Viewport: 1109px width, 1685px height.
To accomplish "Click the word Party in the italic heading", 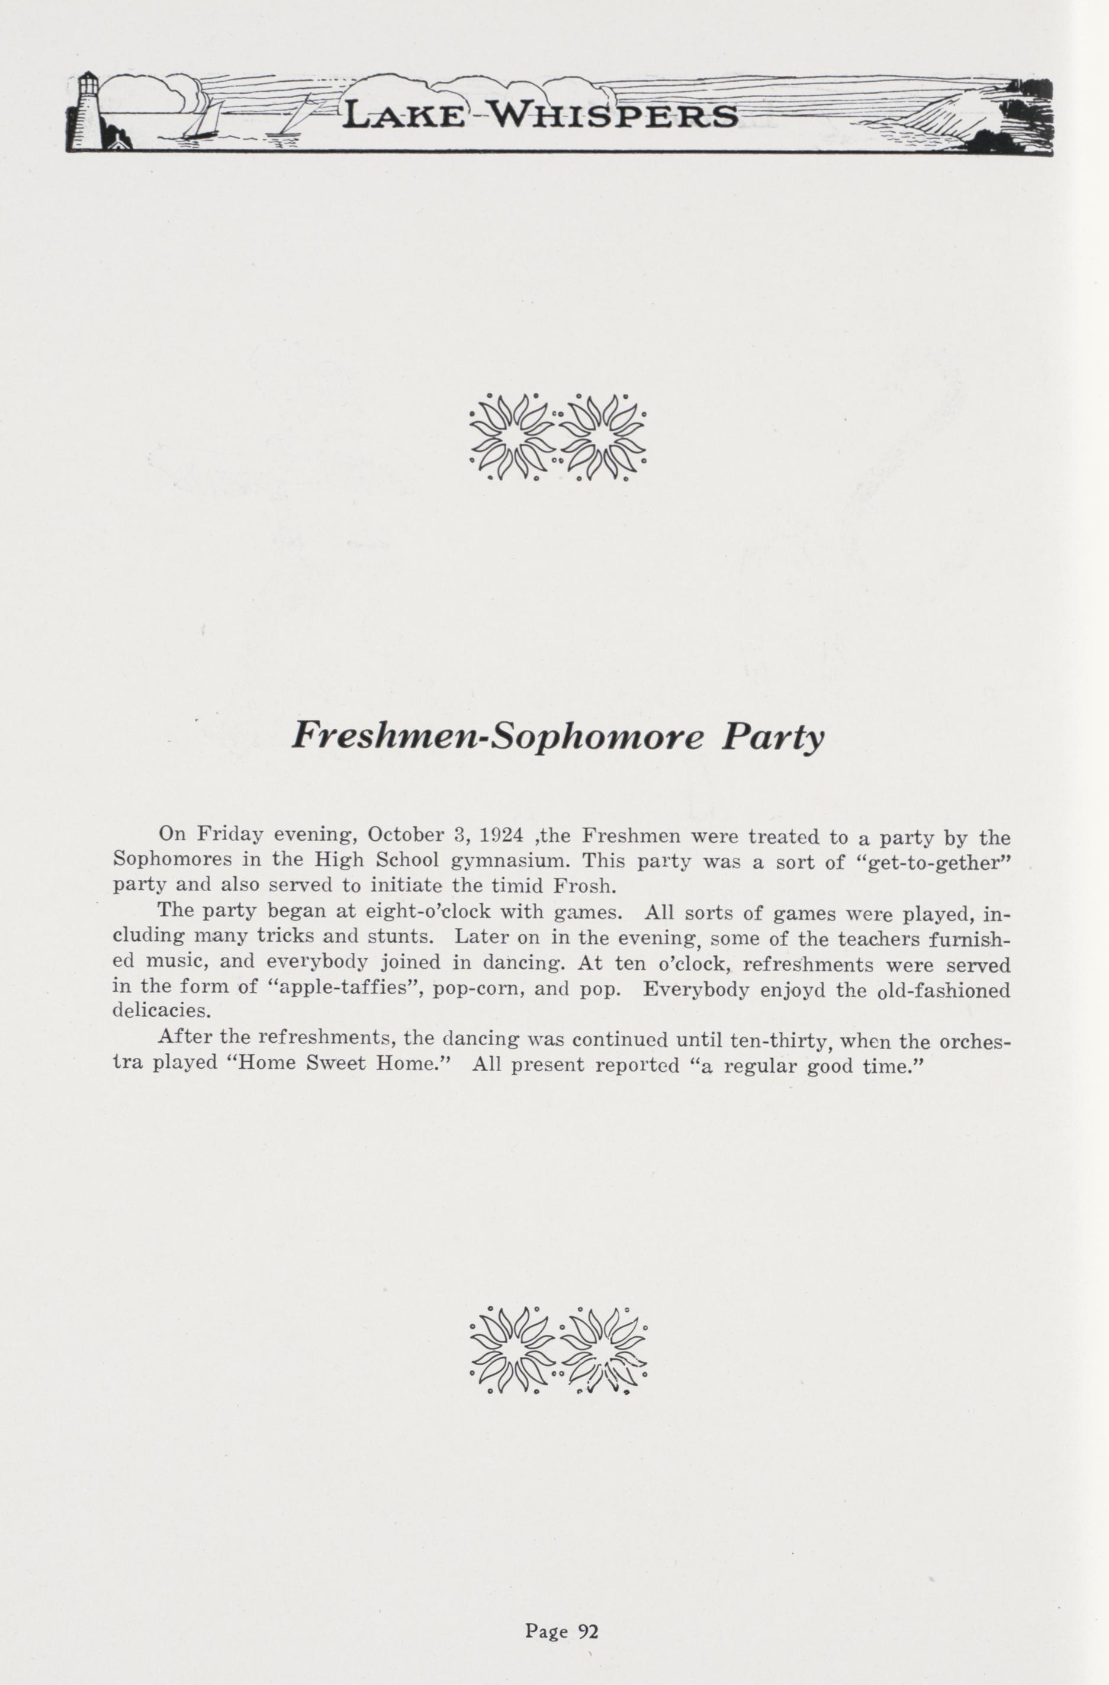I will pos(772,738).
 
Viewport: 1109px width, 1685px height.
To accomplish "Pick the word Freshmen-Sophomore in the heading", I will pos(498,738).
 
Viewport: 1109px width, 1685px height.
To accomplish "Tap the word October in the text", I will pos(405,835).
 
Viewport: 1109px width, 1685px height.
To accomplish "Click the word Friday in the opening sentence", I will pos(230,835).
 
